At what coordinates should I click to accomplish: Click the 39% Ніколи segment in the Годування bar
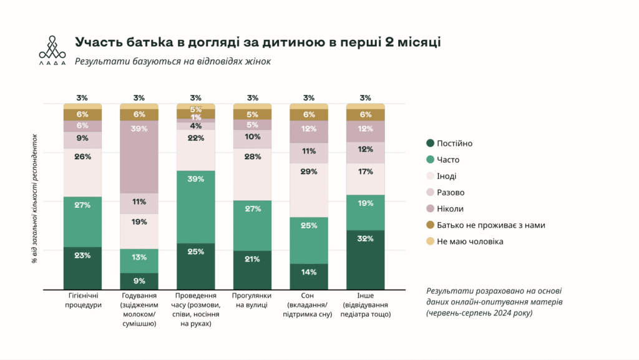(139, 157)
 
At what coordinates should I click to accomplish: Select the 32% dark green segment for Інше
(366, 260)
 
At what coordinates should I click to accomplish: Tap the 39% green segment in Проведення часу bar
(196, 207)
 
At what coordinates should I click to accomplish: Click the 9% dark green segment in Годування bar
(139, 281)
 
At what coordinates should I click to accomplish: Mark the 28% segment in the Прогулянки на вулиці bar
(252, 174)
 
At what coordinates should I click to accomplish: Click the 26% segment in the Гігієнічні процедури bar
(82, 172)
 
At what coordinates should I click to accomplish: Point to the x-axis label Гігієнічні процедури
(83, 301)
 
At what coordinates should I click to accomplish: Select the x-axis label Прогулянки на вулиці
(252, 301)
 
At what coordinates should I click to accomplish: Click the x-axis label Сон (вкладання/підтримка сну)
(309, 305)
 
